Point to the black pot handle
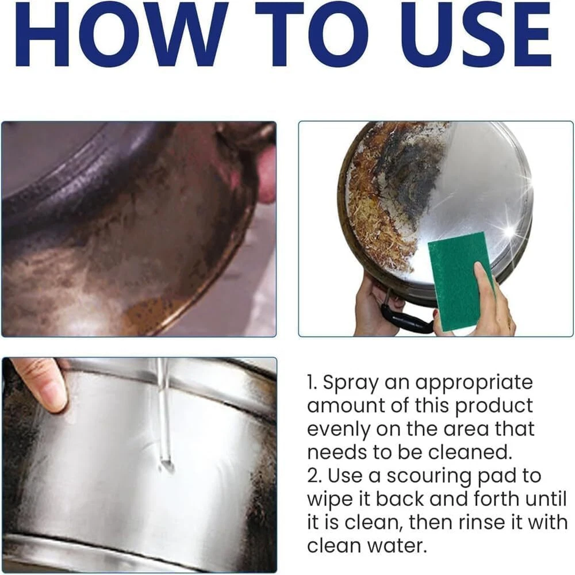(x=404, y=317)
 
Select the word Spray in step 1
(x=350, y=384)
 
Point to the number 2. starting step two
(x=315, y=476)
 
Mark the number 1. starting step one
(x=312, y=382)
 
